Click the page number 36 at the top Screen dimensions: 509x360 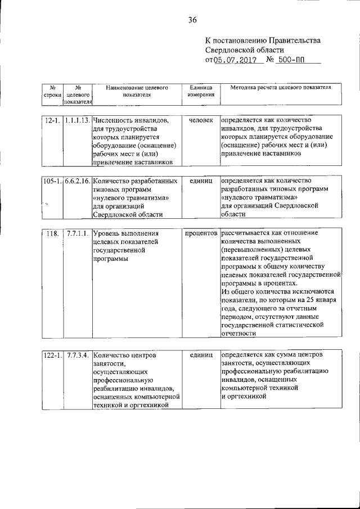click(x=192, y=20)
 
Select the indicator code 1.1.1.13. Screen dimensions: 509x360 click(x=77, y=120)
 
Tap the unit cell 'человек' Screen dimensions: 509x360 click(x=201, y=120)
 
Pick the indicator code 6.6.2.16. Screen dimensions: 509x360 click(x=77, y=181)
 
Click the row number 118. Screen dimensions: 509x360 click(x=52, y=233)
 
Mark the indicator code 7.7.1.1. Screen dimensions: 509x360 click(x=77, y=233)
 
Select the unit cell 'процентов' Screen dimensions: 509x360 click(x=201, y=233)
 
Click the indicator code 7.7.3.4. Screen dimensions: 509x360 click(x=77, y=355)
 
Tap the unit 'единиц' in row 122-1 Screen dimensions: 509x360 click(x=201, y=355)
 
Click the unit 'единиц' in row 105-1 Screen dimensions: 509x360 click(x=201, y=181)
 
